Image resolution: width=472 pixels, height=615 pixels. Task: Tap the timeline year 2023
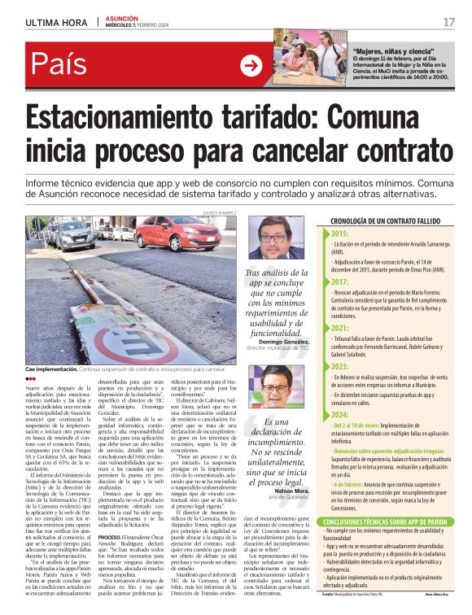339,367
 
